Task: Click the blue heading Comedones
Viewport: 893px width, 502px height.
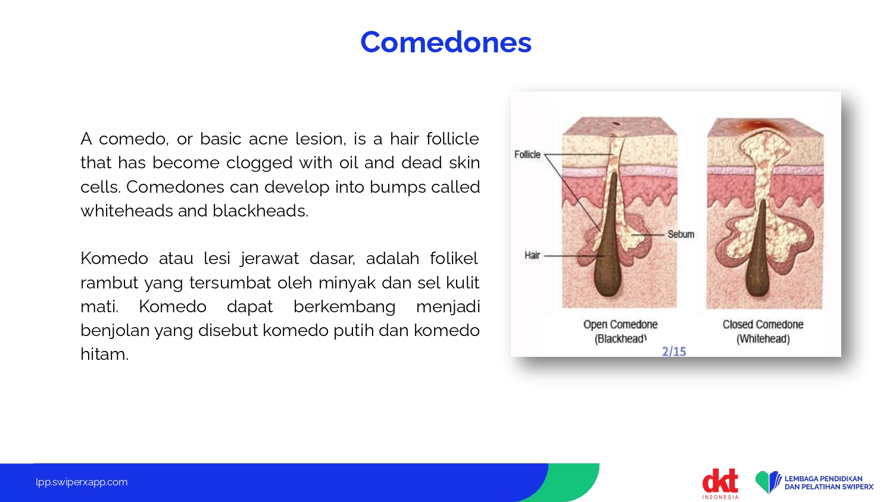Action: pos(446,42)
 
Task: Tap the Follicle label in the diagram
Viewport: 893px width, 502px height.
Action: pos(527,154)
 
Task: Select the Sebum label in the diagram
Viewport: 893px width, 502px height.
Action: pos(681,234)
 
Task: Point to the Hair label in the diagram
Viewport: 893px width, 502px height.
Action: pos(532,255)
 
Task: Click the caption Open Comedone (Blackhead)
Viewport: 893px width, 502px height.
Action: pos(620,331)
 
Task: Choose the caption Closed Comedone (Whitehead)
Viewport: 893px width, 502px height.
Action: pos(763,331)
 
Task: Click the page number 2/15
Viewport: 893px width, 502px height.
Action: pos(674,352)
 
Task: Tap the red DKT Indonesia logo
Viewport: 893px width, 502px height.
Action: pos(720,484)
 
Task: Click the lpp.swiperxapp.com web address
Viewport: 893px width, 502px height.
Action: pos(82,482)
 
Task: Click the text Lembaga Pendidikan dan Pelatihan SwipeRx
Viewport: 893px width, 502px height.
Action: pos(829,482)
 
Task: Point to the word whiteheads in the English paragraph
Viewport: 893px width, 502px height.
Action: pos(126,211)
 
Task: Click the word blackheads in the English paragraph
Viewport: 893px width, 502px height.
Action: pos(260,211)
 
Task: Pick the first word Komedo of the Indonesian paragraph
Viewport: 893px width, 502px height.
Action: pos(114,259)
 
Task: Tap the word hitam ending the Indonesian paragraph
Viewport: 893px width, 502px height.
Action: pos(104,354)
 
